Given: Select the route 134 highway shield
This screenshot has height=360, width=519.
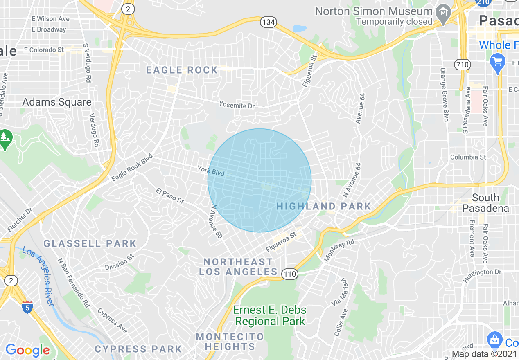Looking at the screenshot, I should click(268, 22).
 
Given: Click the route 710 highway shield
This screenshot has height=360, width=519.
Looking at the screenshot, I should click(463, 64).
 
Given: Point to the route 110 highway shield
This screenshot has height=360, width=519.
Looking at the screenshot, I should click(290, 274).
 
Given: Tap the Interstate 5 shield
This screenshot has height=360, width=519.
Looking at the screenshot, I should click(27, 307).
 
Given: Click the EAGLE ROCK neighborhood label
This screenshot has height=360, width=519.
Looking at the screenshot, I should click(182, 70).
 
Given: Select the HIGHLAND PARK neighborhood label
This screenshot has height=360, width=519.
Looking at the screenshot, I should click(324, 206).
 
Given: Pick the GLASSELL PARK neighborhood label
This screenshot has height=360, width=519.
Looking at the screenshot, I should click(90, 244).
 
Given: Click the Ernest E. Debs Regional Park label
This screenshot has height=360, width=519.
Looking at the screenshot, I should click(270, 315).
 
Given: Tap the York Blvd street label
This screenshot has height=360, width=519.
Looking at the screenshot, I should click(211, 171).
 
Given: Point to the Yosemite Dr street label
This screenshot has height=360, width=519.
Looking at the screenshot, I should click(237, 105).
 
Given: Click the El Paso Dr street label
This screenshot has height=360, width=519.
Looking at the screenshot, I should click(170, 196).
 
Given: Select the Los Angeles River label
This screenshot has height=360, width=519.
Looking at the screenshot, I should click(38, 276).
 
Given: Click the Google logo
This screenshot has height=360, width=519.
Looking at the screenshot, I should click(27, 350).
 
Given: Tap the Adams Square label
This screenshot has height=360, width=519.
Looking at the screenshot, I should click(57, 102).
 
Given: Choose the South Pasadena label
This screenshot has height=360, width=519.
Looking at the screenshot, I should click(486, 203).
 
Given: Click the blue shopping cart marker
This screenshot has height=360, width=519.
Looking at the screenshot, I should click(498, 63).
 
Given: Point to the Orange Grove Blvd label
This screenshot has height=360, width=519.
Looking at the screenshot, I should click(445, 94).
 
